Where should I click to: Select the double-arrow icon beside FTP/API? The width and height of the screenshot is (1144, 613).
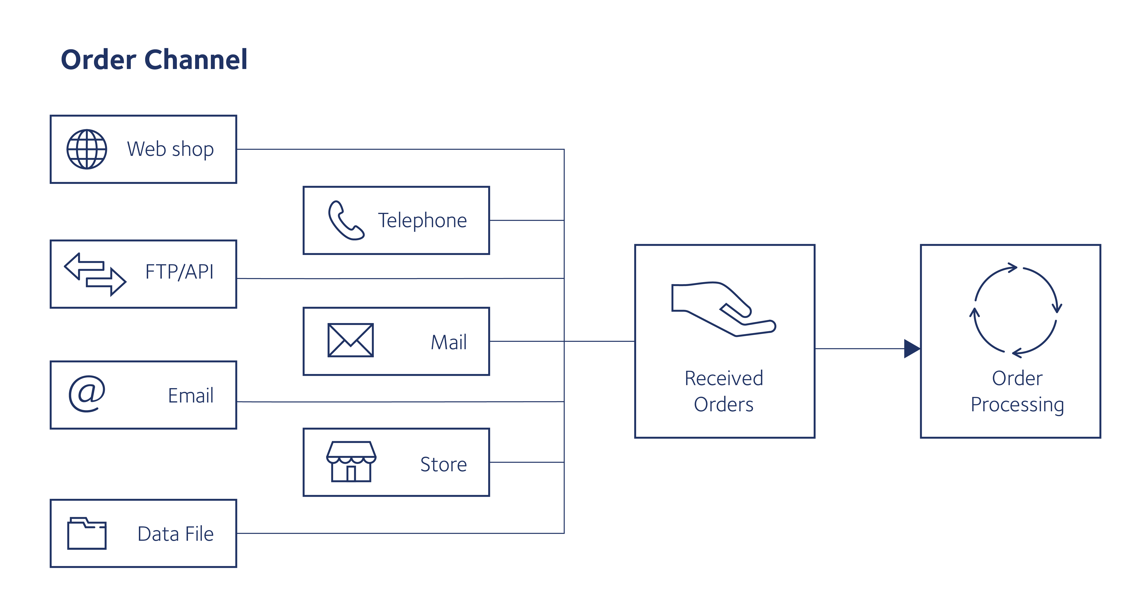(x=95, y=274)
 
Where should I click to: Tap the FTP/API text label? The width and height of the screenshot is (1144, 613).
(x=179, y=272)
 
